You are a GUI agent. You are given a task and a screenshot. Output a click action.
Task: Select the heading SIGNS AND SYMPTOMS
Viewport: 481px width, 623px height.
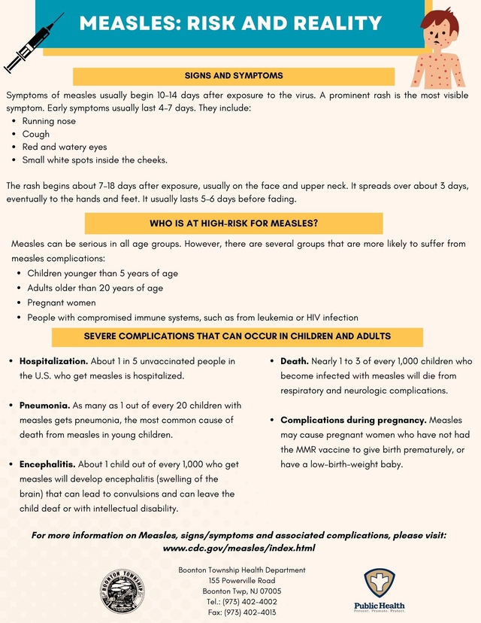click(x=234, y=76)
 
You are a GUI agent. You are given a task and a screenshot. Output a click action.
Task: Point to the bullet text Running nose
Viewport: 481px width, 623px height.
click(x=49, y=121)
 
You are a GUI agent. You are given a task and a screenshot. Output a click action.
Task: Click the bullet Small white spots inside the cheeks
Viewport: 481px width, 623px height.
click(x=95, y=160)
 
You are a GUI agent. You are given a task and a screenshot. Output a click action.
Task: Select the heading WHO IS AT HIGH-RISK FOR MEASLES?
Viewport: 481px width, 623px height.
click(x=234, y=223)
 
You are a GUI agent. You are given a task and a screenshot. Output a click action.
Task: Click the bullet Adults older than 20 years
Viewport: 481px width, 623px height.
click(x=95, y=288)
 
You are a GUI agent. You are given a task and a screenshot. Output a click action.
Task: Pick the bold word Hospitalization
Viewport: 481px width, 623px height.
click(x=54, y=361)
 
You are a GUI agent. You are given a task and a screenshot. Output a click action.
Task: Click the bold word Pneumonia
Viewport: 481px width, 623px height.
click(x=44, y=406)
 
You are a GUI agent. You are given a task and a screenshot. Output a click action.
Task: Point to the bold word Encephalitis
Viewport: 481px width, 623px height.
click(x=47, y=465)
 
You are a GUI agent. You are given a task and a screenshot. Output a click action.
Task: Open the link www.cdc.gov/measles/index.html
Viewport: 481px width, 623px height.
click(x=239, y=549)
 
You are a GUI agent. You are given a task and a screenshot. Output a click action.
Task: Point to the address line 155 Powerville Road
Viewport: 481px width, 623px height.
click(x=241, y=581)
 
